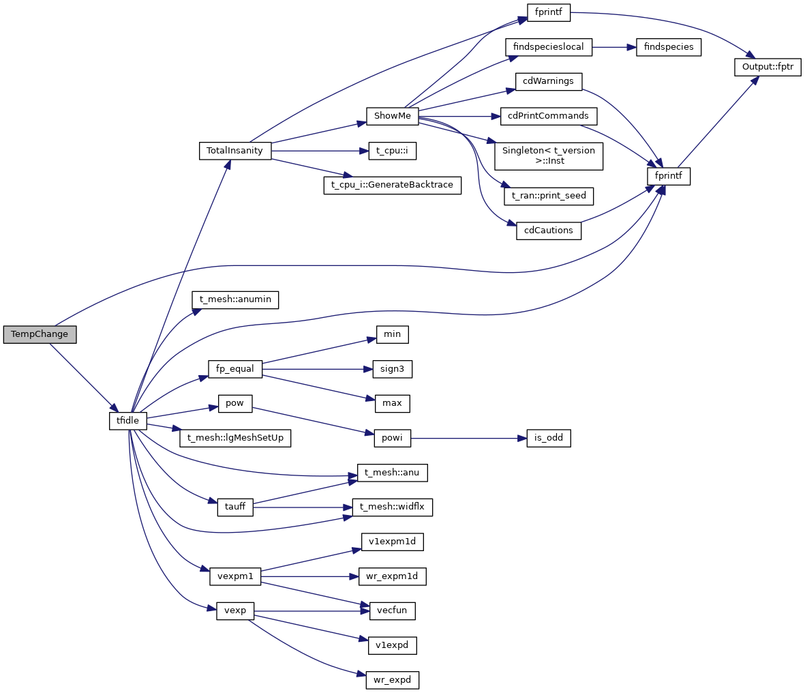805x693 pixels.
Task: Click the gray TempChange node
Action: [x=40, y=335]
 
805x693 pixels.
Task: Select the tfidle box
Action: [x=127, y=421]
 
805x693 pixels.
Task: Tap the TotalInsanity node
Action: [x=234, y=151]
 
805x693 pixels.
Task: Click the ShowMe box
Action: [x=392, y=116]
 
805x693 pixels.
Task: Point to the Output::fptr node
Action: [x=768, y=68]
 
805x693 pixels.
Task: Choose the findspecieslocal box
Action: [x=549, y=47]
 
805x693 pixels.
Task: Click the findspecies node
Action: [x=668, y=47]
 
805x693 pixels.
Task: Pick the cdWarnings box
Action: [x=548, y=81]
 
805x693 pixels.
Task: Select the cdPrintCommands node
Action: [x=548, y=116]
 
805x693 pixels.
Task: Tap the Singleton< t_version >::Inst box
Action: [x=548, y=156]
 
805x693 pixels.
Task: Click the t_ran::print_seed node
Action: [x=548, y=196]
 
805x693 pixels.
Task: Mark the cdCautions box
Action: [x=548, y=231]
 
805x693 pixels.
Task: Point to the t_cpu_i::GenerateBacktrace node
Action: [x=392, y=185]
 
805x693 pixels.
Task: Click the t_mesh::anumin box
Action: [x=235, y=299]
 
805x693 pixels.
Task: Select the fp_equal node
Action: [x=235, y=369]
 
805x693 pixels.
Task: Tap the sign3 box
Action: [x=393, y=369]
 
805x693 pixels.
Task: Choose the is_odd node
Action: [x=548, y=438]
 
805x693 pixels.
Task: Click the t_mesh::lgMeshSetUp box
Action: [x=235, y=438]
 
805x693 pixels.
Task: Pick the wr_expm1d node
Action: [x=393, y=576]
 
